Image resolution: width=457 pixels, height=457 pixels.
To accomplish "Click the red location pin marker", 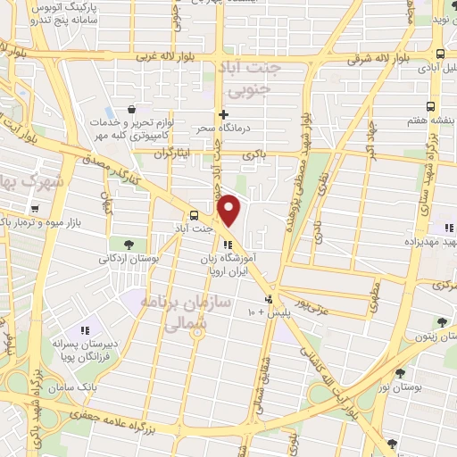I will click(229, 211).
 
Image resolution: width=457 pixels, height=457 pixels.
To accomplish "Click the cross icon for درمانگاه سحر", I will click(223, 114).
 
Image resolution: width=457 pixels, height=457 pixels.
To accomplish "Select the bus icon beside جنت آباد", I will click(194, 214).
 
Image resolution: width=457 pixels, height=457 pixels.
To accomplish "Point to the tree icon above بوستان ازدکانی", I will click(131, 244).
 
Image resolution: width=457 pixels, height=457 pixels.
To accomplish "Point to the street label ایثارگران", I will click(172, 154).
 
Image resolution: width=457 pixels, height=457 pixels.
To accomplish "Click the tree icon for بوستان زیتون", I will click(441, 322).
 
